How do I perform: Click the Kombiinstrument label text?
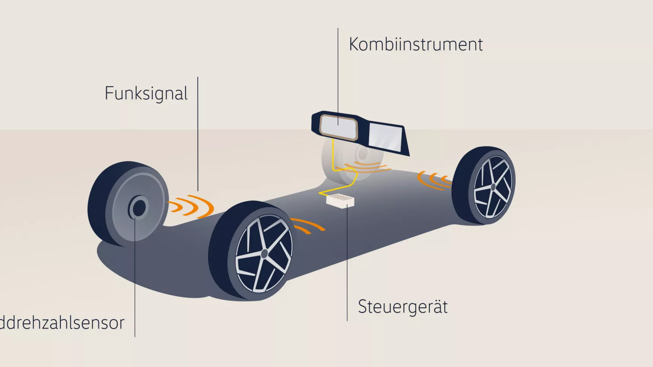(416, 45)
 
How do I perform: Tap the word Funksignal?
(146, 94)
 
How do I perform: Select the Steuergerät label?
(403, 307)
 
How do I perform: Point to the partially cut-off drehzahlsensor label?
(62, 323)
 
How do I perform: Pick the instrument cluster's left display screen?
(338, 127)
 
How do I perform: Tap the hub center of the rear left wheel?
(138, 208)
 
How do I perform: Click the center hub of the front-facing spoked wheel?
(264, 254)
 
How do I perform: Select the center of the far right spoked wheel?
(493, 187)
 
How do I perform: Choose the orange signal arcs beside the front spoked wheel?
(308, 226)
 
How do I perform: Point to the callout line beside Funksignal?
(198, 134)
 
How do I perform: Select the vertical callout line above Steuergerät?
(347, 264)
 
